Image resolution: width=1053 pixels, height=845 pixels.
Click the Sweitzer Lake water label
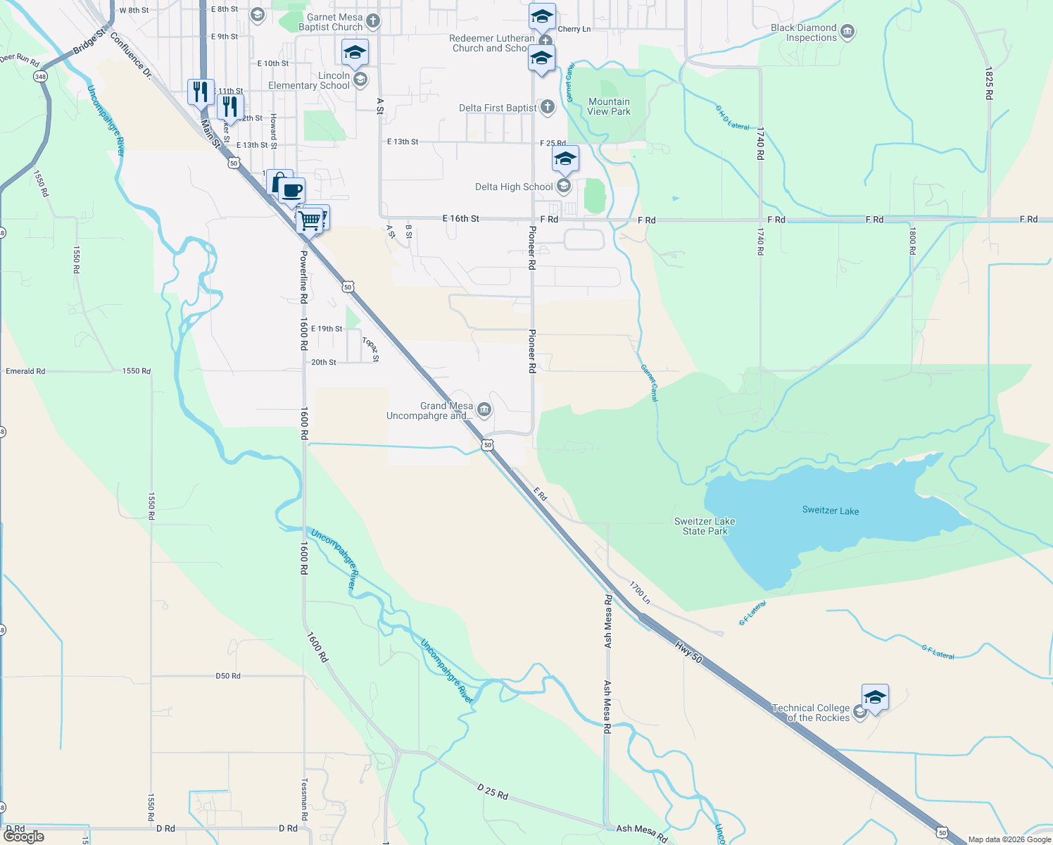(830, 511)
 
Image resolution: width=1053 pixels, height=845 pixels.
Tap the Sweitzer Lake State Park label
(704, 526)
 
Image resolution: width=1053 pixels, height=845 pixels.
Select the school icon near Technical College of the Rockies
(874, 698)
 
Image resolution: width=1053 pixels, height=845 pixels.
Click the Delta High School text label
(514, 187)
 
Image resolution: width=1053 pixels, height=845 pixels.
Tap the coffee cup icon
(291, 189)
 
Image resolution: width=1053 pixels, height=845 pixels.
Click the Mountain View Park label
(609, 106)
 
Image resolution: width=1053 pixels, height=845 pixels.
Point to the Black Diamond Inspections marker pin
(847, 32)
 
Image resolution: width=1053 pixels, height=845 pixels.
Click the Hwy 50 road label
(688, 651)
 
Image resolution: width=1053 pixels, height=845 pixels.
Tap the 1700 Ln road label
(639, 592)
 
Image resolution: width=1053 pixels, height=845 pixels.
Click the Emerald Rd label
(25, 371)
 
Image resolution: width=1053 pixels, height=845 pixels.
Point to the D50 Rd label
(228, 676)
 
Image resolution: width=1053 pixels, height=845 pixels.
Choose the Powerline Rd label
(303, 277)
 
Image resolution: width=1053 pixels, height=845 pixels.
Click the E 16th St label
(461, 218)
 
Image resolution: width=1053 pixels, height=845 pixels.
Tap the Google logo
(23, 836)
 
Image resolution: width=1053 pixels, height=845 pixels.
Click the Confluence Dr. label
(131, 54)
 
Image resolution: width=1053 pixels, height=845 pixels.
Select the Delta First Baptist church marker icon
(548, 107)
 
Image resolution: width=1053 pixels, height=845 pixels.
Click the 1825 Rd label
(988, 83)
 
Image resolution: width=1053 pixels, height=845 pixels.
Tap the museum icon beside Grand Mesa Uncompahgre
(484, 410)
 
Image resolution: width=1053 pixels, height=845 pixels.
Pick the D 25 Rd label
(493, 791)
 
